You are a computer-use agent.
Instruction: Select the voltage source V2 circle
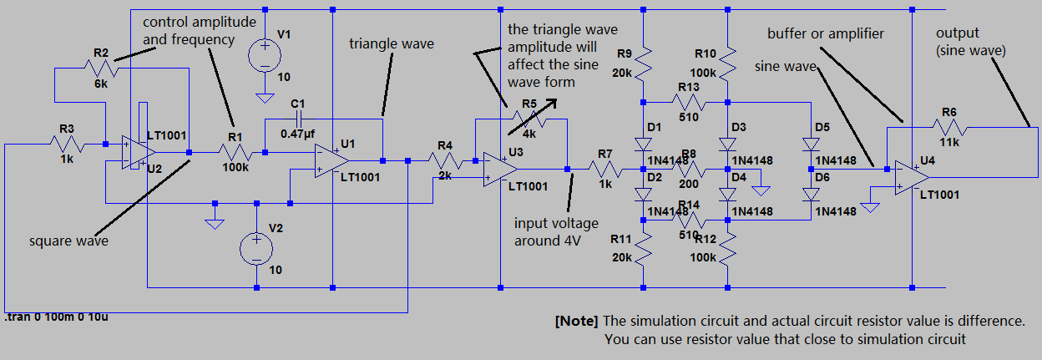click(x=255, y=249)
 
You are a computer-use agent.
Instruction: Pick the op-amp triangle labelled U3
click(x=498, y=170)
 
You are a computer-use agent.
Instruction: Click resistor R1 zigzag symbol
click(x=235, y=152)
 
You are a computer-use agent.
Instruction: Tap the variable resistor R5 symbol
click(x=529, y=119)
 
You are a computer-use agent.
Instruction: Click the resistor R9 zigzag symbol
click(x=644, y=59)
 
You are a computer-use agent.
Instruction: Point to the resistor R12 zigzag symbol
click(x=728, y=247)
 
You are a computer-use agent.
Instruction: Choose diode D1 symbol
click(x=644, y=144)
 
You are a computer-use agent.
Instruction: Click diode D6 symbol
click(x=811, y=195)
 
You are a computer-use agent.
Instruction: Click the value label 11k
click(x=948, y=144)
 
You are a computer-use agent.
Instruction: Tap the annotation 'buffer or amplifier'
click(x=827, y=33)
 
